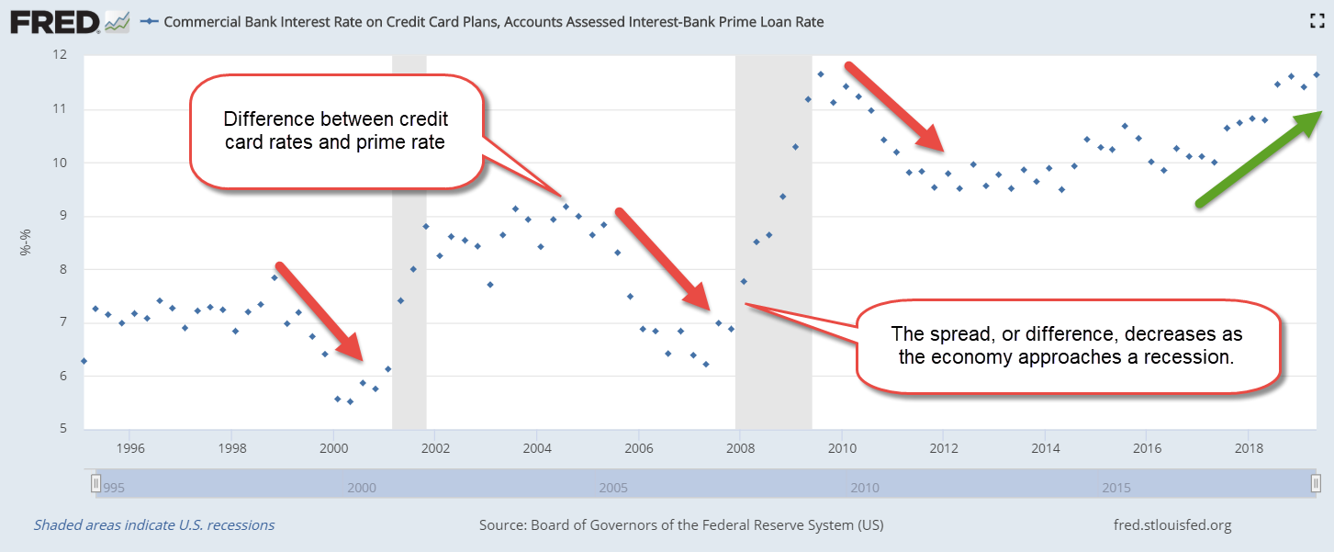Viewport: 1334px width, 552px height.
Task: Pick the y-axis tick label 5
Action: (64, 429)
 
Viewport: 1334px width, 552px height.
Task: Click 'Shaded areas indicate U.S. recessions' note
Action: (154, 525)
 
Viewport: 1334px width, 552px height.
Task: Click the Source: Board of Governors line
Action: (680, 525)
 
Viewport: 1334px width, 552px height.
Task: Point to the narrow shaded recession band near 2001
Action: (409, 239)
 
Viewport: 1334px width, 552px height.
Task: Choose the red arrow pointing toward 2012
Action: (895, 107)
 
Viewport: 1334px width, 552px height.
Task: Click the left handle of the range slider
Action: (95, 483)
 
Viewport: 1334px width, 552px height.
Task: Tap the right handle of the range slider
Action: (1316, 483)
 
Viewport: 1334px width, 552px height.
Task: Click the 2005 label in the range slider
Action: (613, 487)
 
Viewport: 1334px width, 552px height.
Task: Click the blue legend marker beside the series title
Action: (150, 21)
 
